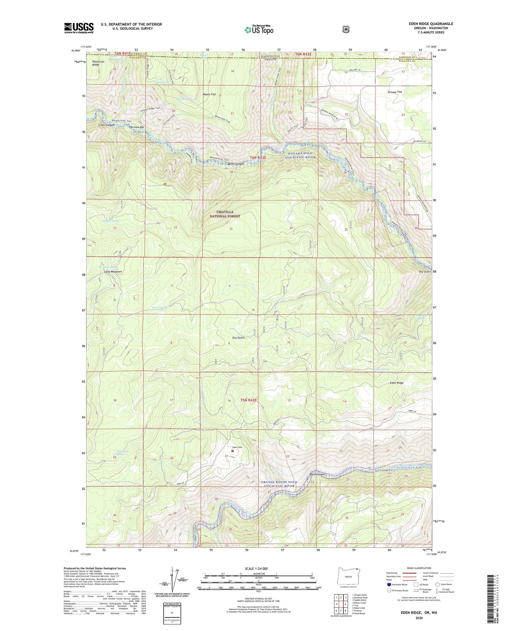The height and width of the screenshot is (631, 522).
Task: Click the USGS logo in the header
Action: [x=79, y=28]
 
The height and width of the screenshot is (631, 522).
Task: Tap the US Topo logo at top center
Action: [x=259, y=30]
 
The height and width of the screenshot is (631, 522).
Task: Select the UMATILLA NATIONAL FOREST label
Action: [x=225, y=214]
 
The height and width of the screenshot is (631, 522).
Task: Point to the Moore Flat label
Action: [x=209, y=94]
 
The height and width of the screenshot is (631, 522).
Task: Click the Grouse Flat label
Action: [x=395, y=92]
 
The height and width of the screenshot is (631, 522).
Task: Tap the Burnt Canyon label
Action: [x=236, y=164]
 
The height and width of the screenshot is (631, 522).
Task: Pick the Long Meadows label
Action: [x=113, y=271]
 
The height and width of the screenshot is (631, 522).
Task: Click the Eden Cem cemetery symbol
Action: [x=232, y=451]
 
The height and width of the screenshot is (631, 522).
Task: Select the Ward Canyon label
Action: [x=317, y=474]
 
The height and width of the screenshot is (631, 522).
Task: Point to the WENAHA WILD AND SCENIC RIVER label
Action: [x=300, y=155]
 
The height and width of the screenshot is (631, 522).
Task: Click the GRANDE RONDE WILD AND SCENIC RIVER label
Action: [x=278, y=484]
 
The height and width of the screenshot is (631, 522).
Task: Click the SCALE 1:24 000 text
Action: [x=258, y=568]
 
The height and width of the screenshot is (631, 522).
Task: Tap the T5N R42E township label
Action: [x=248, y=400]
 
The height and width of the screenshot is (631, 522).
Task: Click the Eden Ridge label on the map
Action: [x=396, y=383]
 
